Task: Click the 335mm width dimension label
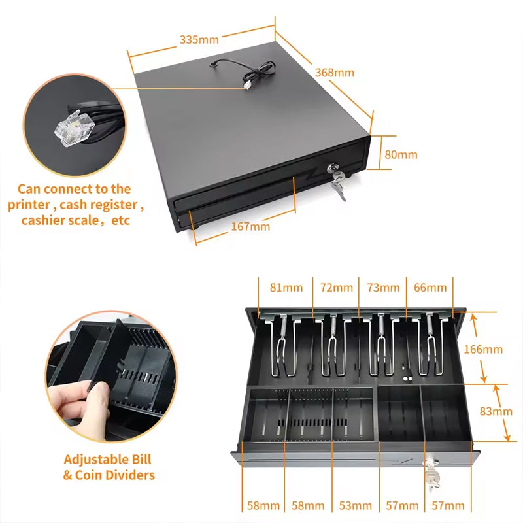[x=199, y=39]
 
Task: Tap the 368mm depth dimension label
[x=335, y=73]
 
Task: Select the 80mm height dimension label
[x=401, y=155]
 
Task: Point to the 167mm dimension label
[x=250, y=227]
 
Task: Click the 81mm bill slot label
[x=286, y=288]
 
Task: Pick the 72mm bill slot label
[x=337, y=288]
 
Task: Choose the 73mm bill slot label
[x=383, y=288]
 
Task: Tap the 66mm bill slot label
[x=431, y=288]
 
